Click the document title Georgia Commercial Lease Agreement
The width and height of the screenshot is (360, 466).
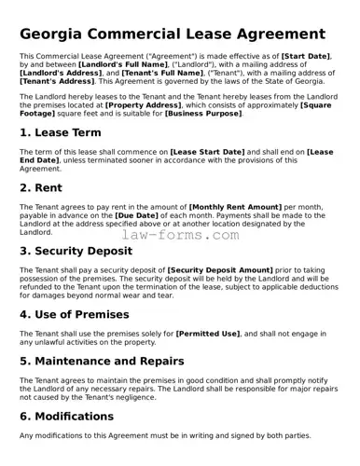(x=173, y=34)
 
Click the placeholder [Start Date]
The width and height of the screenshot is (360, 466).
(x=306, y=56)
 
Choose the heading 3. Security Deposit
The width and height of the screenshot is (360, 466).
(x=83, y=251)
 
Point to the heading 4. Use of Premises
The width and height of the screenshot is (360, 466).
(x=75, y=314)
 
